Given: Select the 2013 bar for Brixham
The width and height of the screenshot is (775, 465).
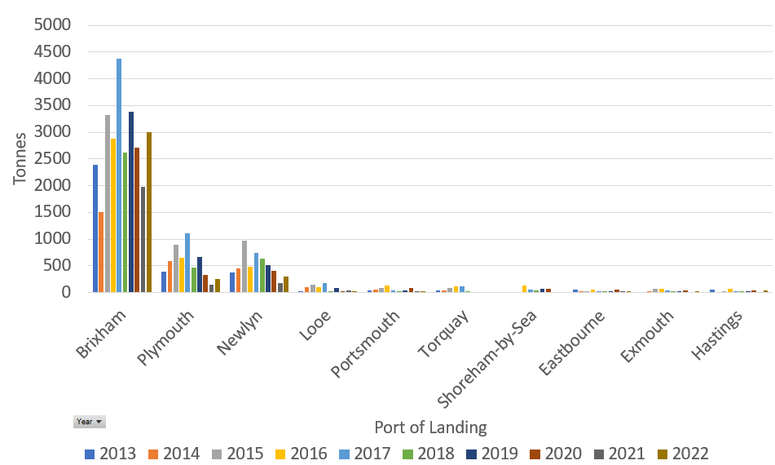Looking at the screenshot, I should [95, 228].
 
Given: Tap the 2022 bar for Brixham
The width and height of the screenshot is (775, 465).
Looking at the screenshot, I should [149, 212].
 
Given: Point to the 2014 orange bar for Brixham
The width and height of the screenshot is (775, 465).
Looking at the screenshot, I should [101, 252].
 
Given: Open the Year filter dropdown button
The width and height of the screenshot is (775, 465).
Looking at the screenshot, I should [90, 422].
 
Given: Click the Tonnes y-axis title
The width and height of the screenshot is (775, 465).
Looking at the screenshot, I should [20, 158].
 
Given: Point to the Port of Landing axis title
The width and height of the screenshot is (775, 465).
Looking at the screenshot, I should [430, 427].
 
